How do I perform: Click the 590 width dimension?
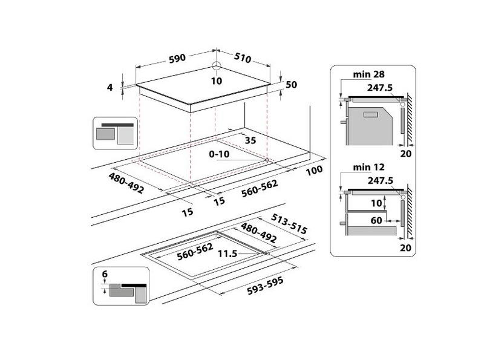pos(176,59)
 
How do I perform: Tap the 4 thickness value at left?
pos(110,88)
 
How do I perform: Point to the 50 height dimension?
pos(291,85)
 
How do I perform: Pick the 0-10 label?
pos(218,155)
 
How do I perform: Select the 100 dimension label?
pos(314,171)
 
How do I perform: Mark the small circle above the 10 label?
pos(217,67)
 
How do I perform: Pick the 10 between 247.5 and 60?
pos(376,203)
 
